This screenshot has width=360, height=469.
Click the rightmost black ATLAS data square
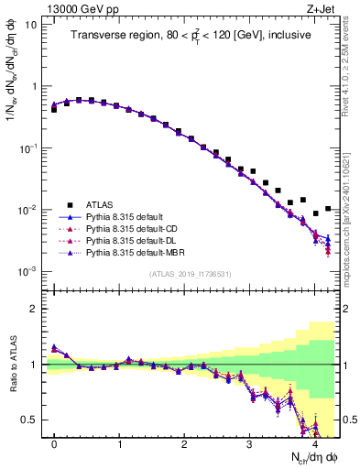328,209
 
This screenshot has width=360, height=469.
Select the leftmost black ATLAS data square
54,109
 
